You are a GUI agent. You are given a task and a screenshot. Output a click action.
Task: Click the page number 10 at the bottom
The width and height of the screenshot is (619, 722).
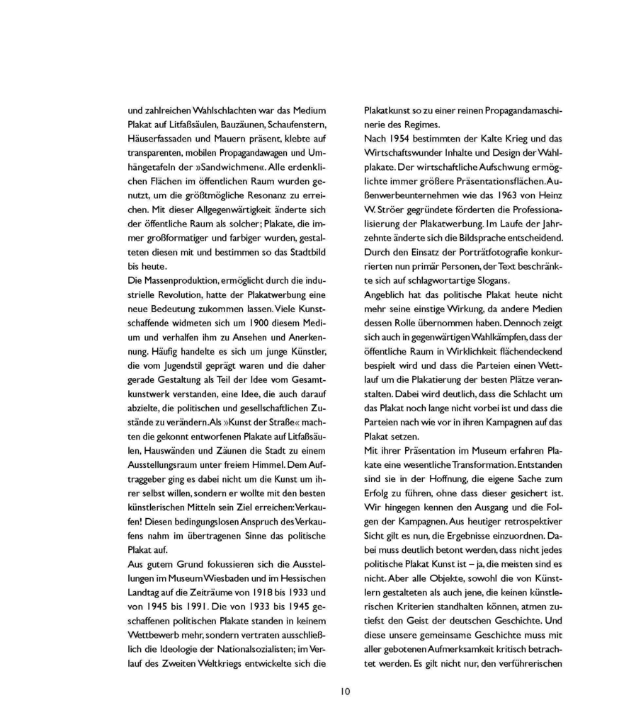pos(344,692)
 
